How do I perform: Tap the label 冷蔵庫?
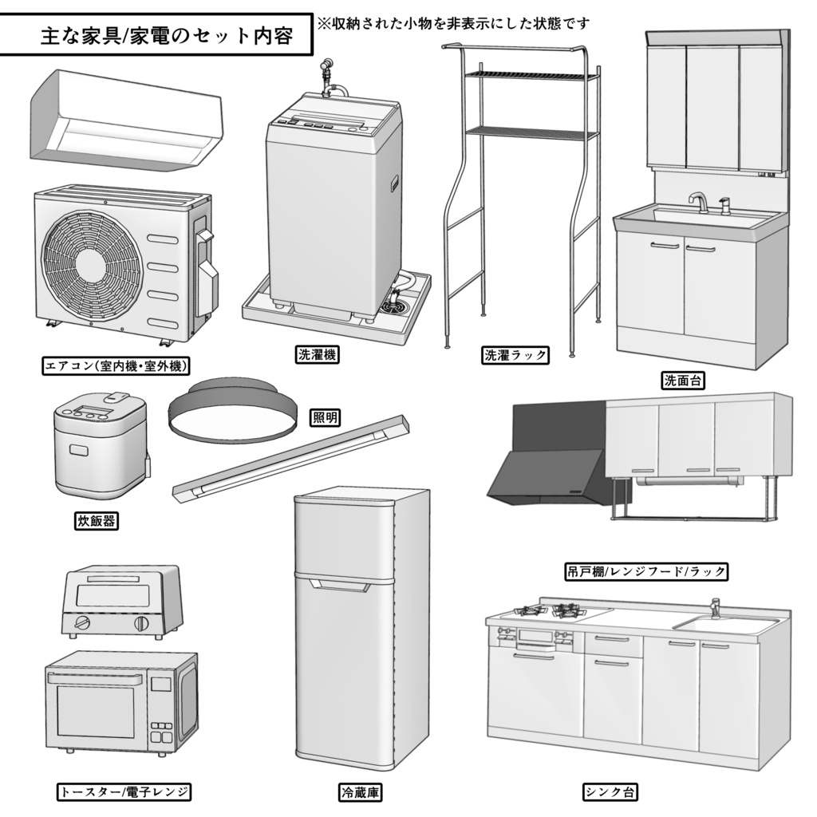[359, 792]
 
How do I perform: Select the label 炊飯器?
[95, 522]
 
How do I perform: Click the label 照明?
[326, 416]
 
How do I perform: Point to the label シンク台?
[610, 792]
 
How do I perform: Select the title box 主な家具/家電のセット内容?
[156, 36]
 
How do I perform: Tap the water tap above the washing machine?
[326, 72]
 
